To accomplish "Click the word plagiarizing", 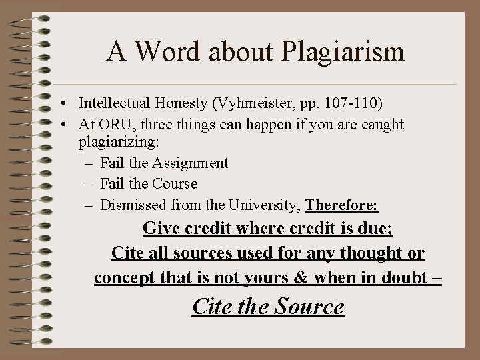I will tap(117, 143).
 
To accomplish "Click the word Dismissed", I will tap(132, 204).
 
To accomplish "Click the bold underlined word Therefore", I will tap(341, 204).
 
